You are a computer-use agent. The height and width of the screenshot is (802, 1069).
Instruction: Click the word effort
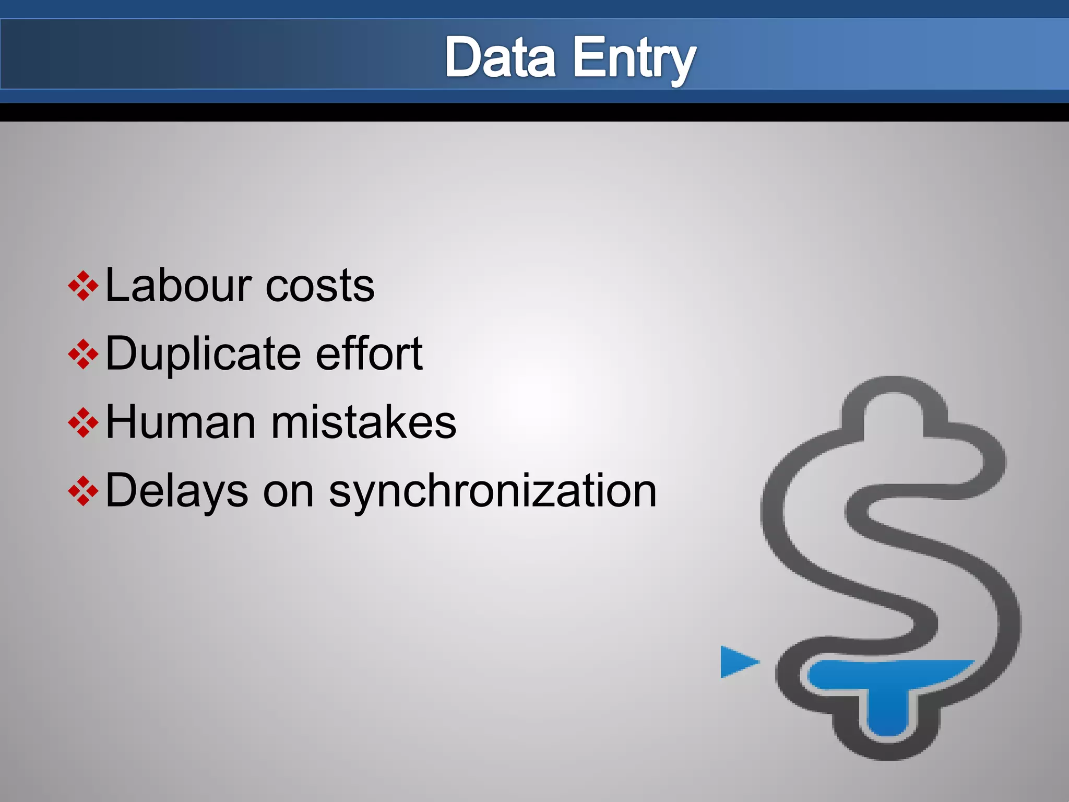(x=369, y=353)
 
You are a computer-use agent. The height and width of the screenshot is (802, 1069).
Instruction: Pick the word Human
(x=181, y=422)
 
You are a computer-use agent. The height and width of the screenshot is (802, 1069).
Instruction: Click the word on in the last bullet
(x=288, y=492)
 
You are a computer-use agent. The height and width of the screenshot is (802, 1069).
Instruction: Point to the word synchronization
(x=492, y=492)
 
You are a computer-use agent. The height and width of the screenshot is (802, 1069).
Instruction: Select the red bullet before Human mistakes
(x=83, y=422)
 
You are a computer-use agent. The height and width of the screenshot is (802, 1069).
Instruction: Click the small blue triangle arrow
(x=736, y=662)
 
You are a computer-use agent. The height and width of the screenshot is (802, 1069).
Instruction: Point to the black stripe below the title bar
(x=534, y=112)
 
